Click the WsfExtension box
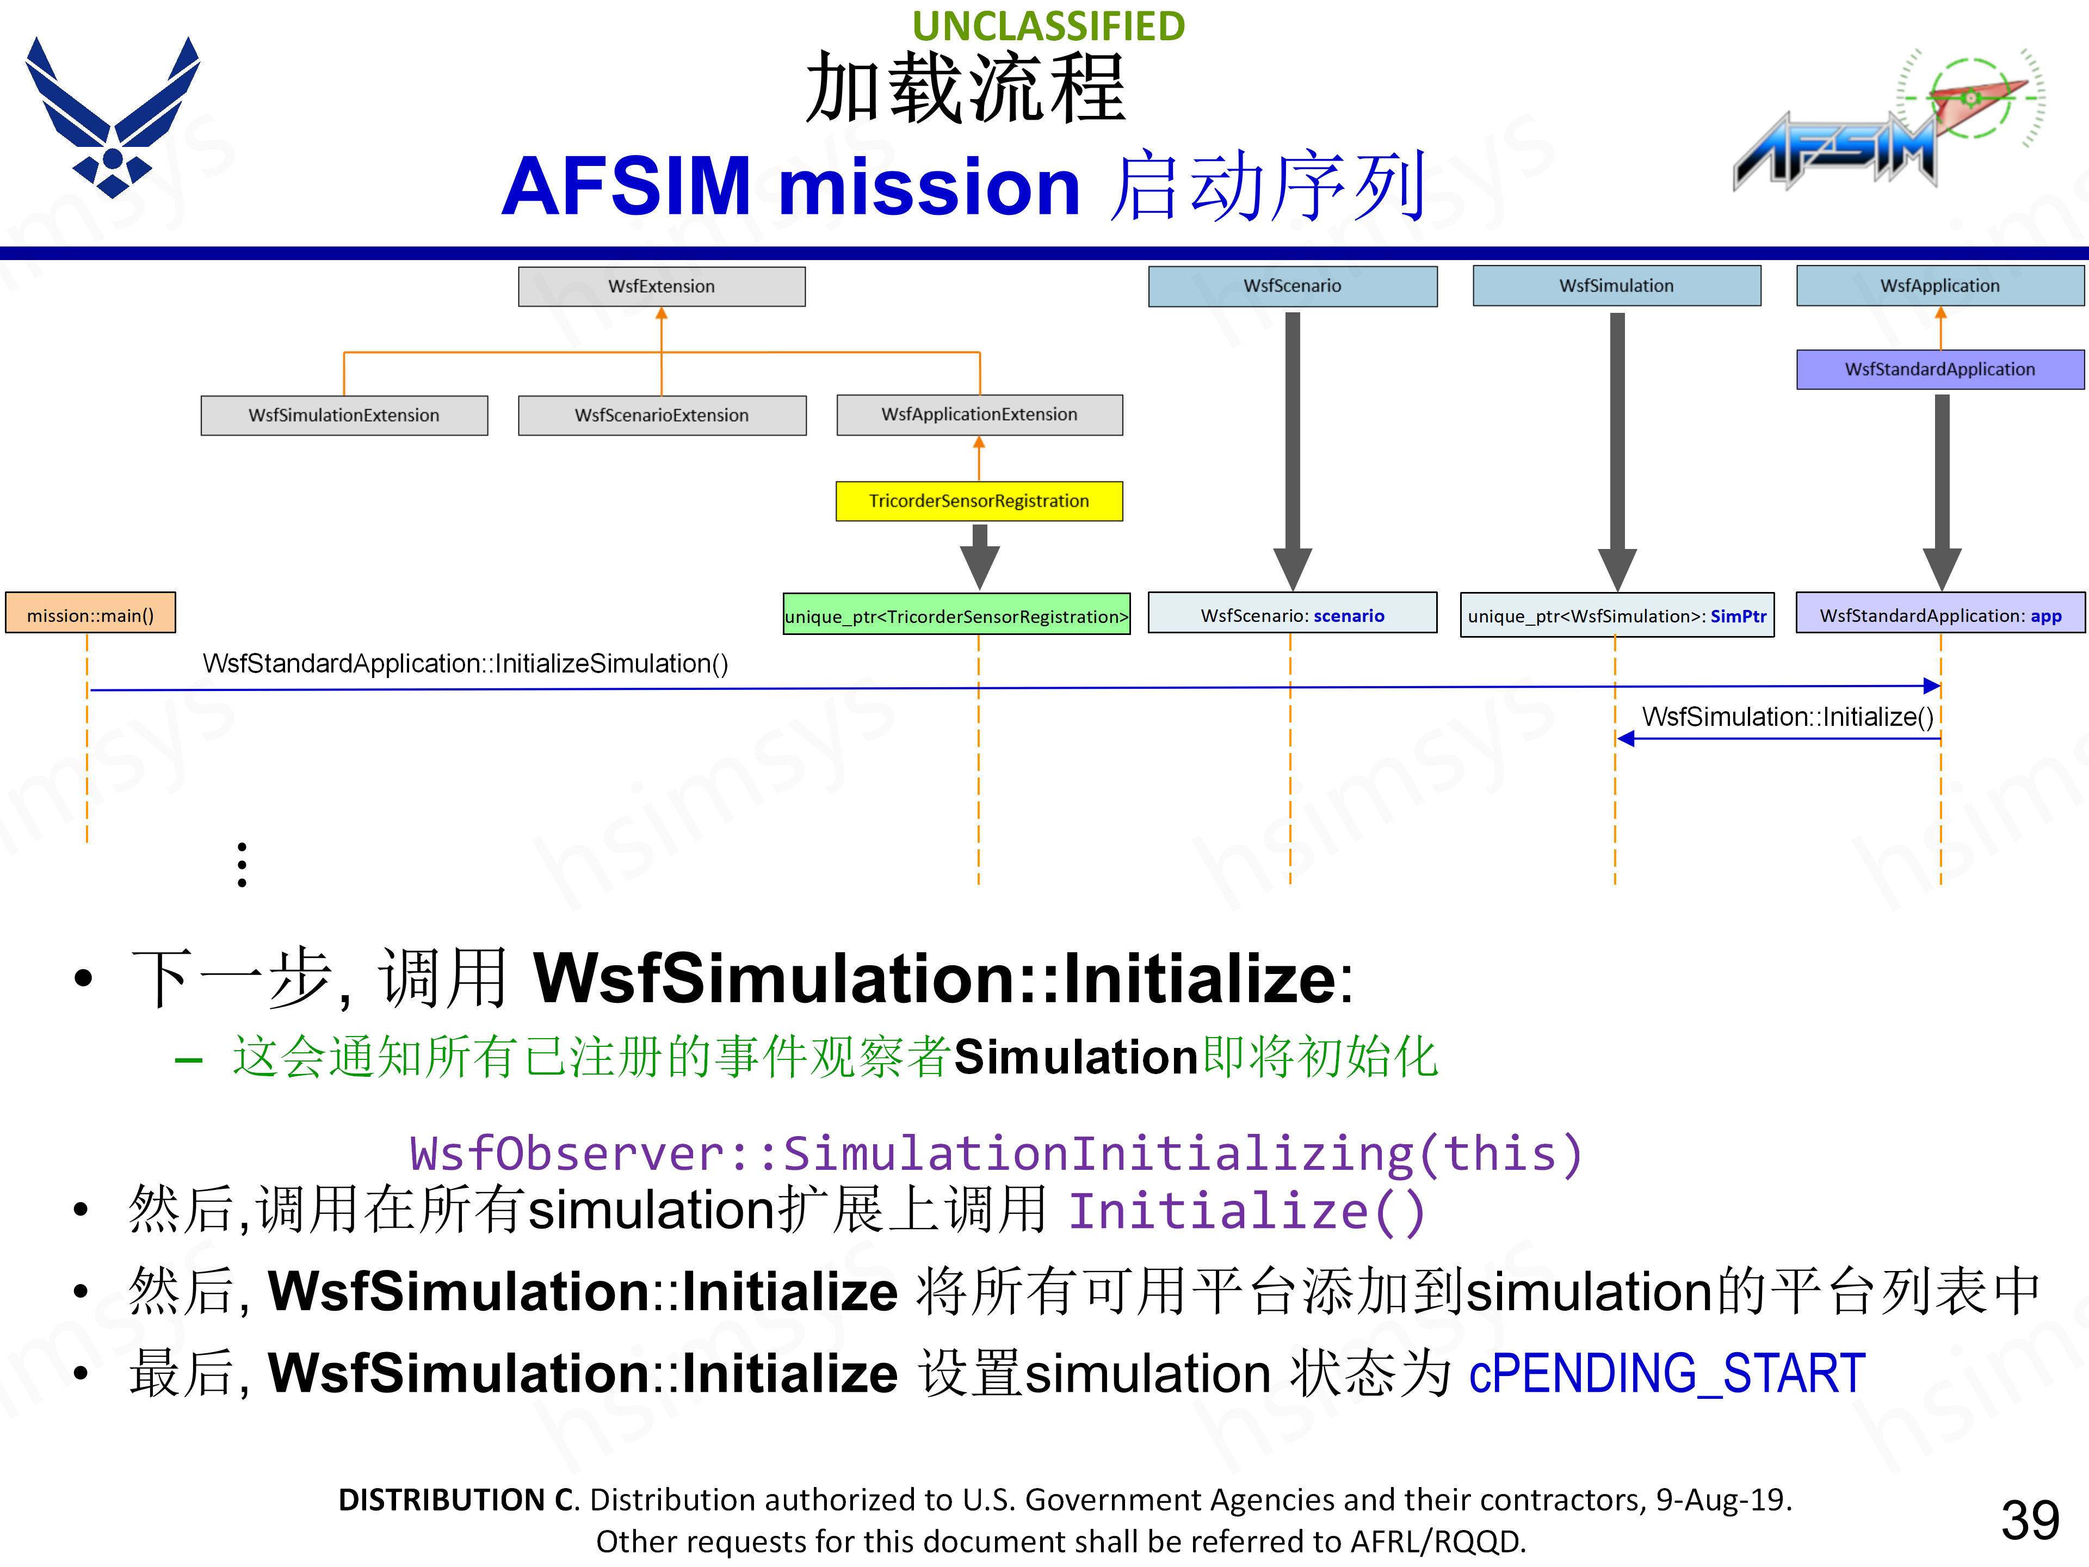tap(661, 286)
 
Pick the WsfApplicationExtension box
tap(979, 415)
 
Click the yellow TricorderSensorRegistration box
tap(979, 501)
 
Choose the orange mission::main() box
tap(91, 615)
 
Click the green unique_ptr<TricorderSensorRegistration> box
tap(957, 616)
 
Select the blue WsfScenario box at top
tap(1292, 286)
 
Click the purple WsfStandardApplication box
tap(1940, 369)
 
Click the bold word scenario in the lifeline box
tap(1349, 616)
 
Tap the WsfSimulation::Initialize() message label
tap(1787, 717)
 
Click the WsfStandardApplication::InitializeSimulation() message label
tap(465, 664)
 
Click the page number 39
tap(2030, 1520)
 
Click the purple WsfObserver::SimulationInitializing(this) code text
tap(996, 1153)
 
